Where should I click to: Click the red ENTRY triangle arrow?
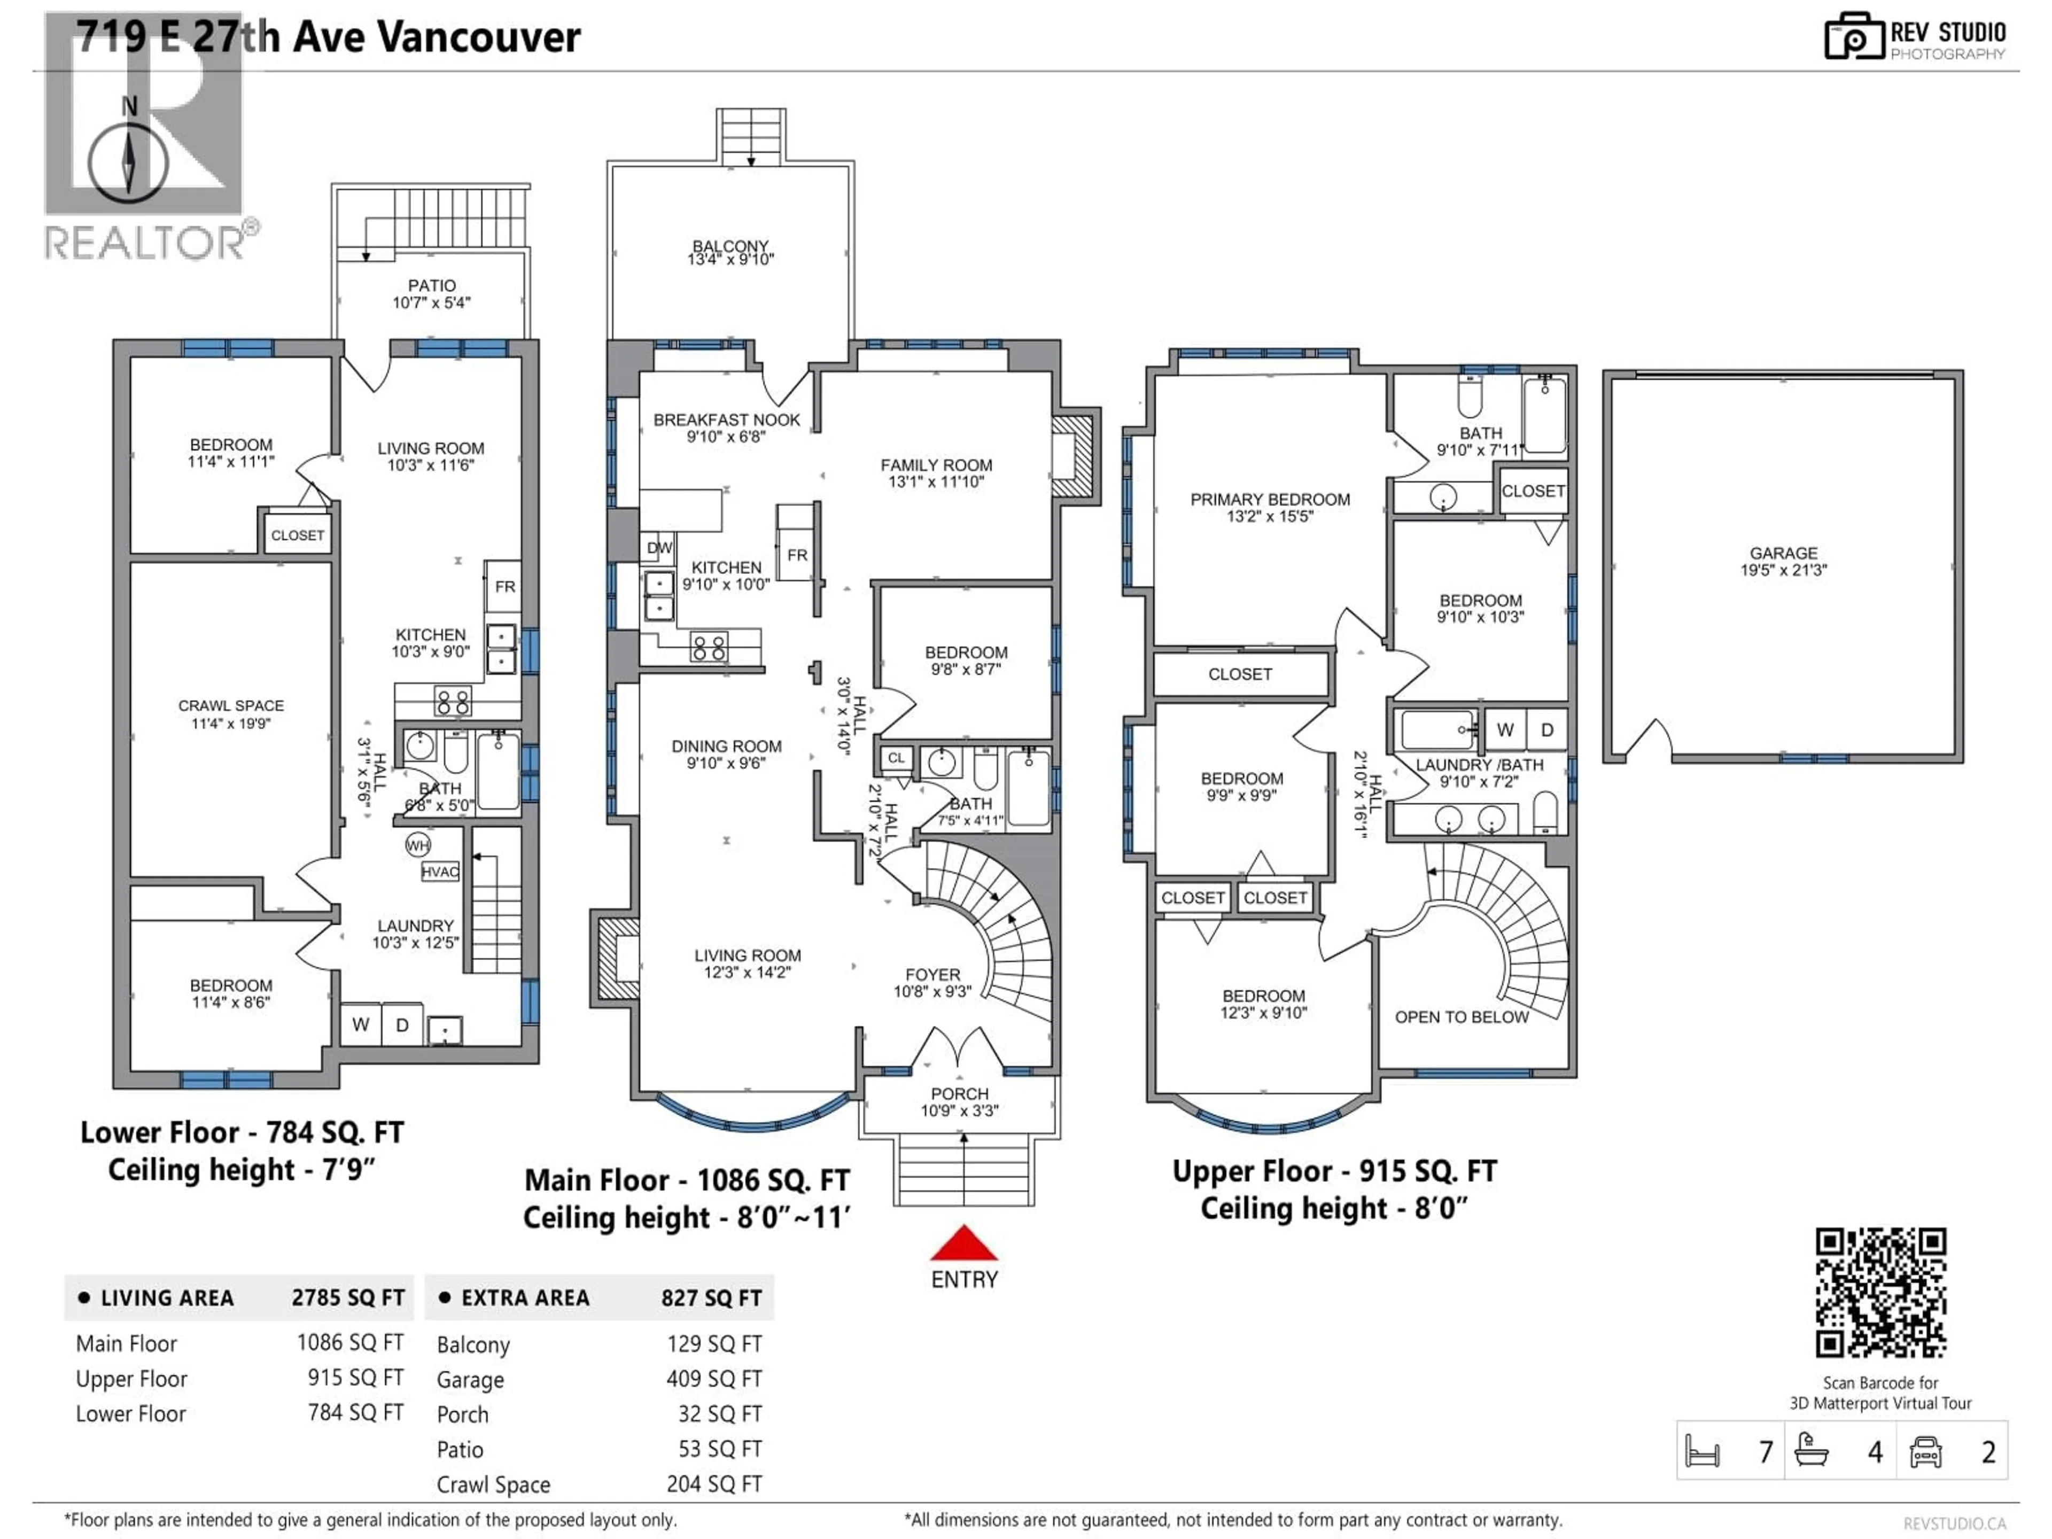(x=964, y=1244)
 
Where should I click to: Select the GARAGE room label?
(x=1783, y=553)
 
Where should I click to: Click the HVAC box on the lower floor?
(x=440, y=872)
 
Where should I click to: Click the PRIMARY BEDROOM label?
(x=1270, y=500)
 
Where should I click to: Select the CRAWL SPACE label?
(x=231, y=706)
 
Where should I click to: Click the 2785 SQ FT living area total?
(x=348, y=1298)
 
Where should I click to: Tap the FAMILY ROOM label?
(x=936, y=465)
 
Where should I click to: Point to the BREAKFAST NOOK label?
(x=726, y=420)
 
